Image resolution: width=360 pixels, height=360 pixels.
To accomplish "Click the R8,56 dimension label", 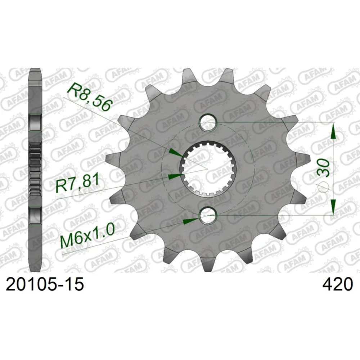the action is [x=90, y=97].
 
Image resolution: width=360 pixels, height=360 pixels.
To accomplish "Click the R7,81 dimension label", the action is [x=78, y=183].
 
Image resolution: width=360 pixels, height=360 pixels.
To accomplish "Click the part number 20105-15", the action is [x=45, y=284].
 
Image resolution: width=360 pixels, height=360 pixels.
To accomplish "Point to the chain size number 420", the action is [x=337, y=284].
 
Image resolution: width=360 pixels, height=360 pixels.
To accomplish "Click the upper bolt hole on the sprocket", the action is [x=208, y=123].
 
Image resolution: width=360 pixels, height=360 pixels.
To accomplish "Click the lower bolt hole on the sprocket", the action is [x=208, y=216].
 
